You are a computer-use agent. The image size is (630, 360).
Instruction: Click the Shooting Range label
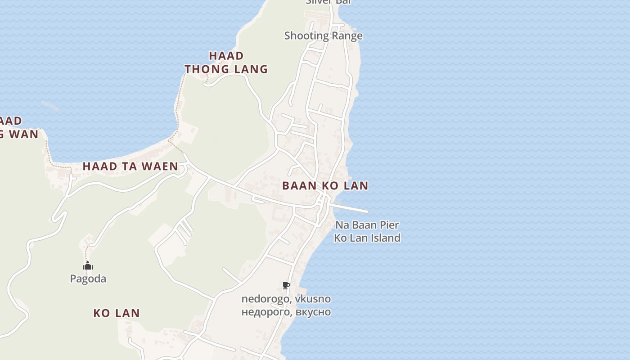pos(323,36)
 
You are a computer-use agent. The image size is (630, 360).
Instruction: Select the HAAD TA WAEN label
pos(130,166)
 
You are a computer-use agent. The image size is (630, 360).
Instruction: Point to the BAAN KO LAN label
pos(325,185)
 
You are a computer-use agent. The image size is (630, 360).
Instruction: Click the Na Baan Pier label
pos(367,225)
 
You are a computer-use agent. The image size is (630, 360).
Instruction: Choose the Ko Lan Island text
pos(367,238)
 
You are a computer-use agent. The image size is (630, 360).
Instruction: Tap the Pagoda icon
pos(88,266)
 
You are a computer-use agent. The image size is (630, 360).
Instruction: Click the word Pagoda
pos(88,279)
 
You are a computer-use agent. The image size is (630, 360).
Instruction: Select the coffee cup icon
pos(286,285)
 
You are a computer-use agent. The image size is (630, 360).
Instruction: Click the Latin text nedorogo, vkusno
pos(286,299)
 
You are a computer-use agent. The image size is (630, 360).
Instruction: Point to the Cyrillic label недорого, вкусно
pos(286,312)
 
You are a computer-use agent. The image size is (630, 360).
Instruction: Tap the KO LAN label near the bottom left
pos(117,313)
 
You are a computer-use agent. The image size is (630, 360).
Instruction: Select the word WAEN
pos(160,166)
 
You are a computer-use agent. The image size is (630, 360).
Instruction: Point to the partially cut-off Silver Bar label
pos(328,2)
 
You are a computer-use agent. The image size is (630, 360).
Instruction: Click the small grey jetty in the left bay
pos(50,106)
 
